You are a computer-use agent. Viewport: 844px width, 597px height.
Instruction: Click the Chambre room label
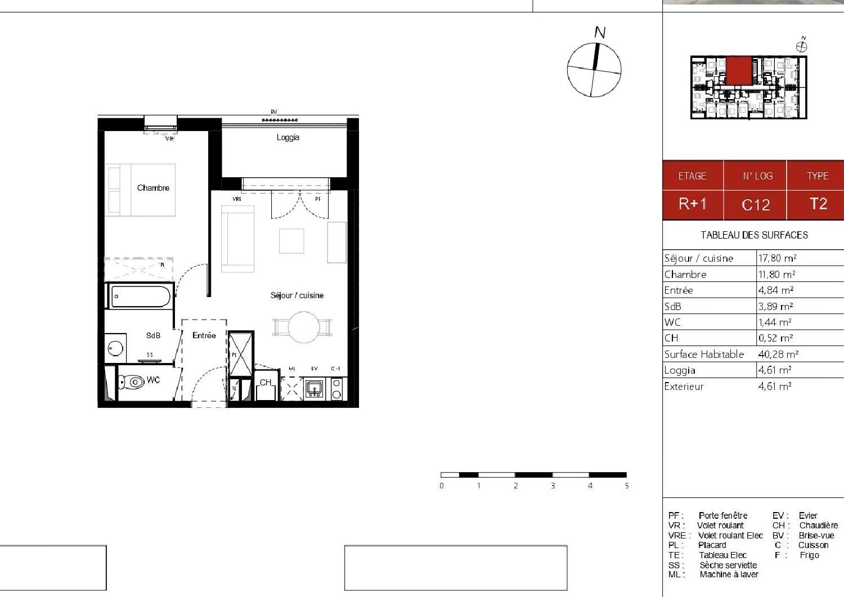[153, 188]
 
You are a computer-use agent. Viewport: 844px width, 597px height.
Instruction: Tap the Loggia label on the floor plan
[288, 137]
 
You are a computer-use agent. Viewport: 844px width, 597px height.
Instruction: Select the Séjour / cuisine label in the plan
[297, 295]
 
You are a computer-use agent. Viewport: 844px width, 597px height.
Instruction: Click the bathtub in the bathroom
[141, 297]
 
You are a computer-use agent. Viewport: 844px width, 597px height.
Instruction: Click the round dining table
[304, 327]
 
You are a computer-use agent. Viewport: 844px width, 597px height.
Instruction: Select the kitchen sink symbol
[313, 388]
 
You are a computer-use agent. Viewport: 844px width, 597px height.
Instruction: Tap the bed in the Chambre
[140, 190]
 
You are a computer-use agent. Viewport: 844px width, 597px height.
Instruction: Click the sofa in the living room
[237, 239]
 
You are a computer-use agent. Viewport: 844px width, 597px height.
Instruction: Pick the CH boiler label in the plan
[266, 383]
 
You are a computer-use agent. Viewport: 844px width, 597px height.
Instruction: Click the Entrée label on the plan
[204, 335]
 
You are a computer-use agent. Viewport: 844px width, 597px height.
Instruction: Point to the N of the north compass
[600, 33]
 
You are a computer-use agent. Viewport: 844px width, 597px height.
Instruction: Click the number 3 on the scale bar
[553, 486]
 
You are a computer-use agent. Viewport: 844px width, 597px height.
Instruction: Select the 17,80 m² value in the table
[777, 258]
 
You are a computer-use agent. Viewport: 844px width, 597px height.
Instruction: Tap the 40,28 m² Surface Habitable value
[778, 354]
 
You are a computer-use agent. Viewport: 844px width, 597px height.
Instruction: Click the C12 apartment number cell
[755, 205]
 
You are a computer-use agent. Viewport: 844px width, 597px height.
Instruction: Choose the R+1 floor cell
[693, 204]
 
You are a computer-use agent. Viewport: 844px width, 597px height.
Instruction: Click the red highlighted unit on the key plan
[739, 70]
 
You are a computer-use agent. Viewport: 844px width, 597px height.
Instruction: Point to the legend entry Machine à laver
[729, 574]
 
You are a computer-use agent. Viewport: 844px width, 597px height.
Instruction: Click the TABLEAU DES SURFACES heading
[754, 235]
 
